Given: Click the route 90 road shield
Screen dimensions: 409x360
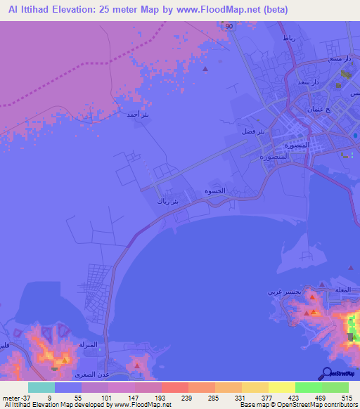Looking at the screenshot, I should coord(229,26).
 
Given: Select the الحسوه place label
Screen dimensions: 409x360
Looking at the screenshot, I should coord(214,191).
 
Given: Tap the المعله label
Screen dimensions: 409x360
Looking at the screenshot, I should coord(344,289).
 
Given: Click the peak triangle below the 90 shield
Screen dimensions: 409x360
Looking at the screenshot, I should coord(205,69).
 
